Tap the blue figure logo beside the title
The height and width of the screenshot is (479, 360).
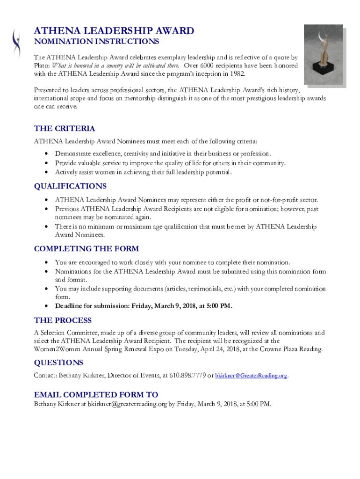(17, 44)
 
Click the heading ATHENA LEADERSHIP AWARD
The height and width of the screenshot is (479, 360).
(114, 31)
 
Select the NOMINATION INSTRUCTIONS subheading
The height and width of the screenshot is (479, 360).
(96, 42)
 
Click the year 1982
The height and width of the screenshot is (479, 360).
(235, 74)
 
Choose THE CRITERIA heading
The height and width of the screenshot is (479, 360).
(65, 129)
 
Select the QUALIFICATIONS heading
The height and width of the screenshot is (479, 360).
(70, 186)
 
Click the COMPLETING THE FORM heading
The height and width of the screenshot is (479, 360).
(86, 248)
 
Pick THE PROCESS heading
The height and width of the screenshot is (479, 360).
(63, 320)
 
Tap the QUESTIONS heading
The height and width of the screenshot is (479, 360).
(58, 363)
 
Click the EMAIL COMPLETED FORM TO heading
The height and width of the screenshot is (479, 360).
(96, 394)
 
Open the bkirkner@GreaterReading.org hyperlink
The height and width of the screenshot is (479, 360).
(251, 376)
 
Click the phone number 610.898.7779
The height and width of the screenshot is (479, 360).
(187, 375)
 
